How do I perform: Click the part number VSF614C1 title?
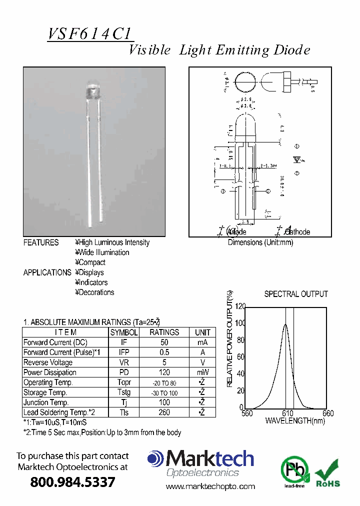click(90, 34)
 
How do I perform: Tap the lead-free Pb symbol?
click(294, 470)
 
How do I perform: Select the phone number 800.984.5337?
click(73, 482)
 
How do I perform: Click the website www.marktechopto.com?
click(210, 486)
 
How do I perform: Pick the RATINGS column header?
click(164, 332)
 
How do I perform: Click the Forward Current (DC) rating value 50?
click(164, 342)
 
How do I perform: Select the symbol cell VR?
click(124, 362)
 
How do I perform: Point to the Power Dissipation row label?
click(50, 372)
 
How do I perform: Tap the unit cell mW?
click(202, 372)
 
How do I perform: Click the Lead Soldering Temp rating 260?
click(164, 412)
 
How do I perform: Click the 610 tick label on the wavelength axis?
click(288, 413)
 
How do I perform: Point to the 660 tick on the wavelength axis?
click(328, 413)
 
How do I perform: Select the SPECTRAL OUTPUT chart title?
click(296, 294)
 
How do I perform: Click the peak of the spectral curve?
click(285, 324)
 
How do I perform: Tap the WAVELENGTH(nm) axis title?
click(295, 421)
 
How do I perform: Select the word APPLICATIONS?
click(47, 272)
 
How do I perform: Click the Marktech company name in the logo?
click(210, 459)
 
